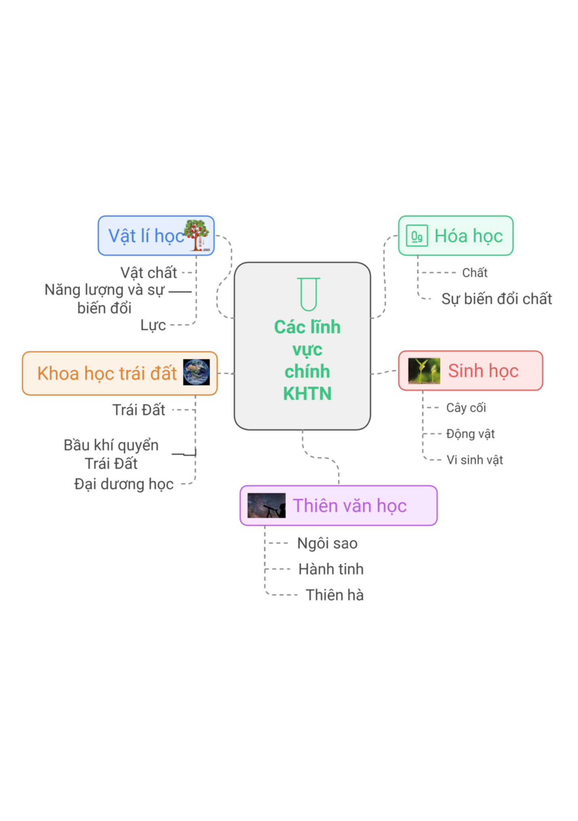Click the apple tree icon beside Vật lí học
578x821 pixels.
[x=197, y=235]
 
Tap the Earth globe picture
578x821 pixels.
[x=196, y=372]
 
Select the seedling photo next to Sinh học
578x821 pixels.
[x=424, y=370]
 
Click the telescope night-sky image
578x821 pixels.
[x=266, y=505]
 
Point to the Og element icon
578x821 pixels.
[x=416, y=236]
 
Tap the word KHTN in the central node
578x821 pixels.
[x=307, y=393]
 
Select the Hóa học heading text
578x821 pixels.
[x=468, y=236]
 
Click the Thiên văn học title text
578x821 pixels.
[x=350, y=506]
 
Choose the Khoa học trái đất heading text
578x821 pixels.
[x=107, y=373]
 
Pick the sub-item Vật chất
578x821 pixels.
[x=149, y=272]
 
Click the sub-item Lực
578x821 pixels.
[x=153, y=325]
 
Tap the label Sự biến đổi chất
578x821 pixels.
[x=497, y=299]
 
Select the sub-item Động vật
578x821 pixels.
[x=470, y=434]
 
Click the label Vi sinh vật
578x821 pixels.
[x=474, y=460]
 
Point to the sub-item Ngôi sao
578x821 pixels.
[x=327, y=543]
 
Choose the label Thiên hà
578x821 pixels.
[x=334, y=595]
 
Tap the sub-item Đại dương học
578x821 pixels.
[x=124, y=484]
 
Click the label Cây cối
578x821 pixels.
[x=466, y=408]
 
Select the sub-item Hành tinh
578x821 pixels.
[x=331, y=569]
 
